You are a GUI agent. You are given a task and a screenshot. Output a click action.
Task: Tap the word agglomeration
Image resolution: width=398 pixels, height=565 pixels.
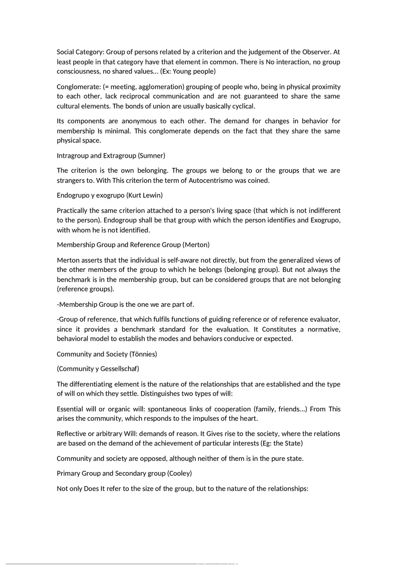coord(151,87)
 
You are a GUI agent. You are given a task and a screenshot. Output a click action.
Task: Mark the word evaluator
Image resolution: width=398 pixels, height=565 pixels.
coord(325,319)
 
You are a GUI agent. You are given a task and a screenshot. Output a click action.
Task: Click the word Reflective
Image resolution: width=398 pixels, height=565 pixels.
coord(72,434)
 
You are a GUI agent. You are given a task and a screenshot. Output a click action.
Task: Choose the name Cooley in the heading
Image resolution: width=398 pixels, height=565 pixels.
coord(179,473)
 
